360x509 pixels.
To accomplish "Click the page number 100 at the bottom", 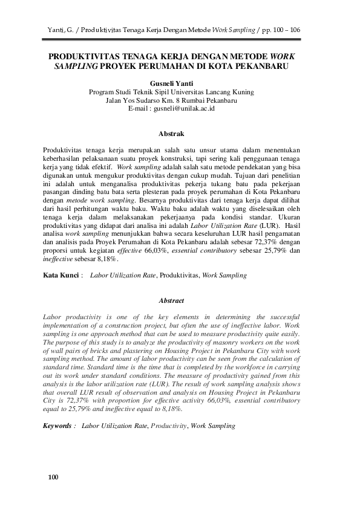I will click(x=53, y=478).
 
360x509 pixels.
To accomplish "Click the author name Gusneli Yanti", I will click(x=171, y=84).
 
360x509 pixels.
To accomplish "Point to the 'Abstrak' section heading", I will click(x=171, y=133).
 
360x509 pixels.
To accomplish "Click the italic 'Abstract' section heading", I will click(x=171, y=300).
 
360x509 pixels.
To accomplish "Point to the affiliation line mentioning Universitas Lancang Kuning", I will click(x=171, y=92).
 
